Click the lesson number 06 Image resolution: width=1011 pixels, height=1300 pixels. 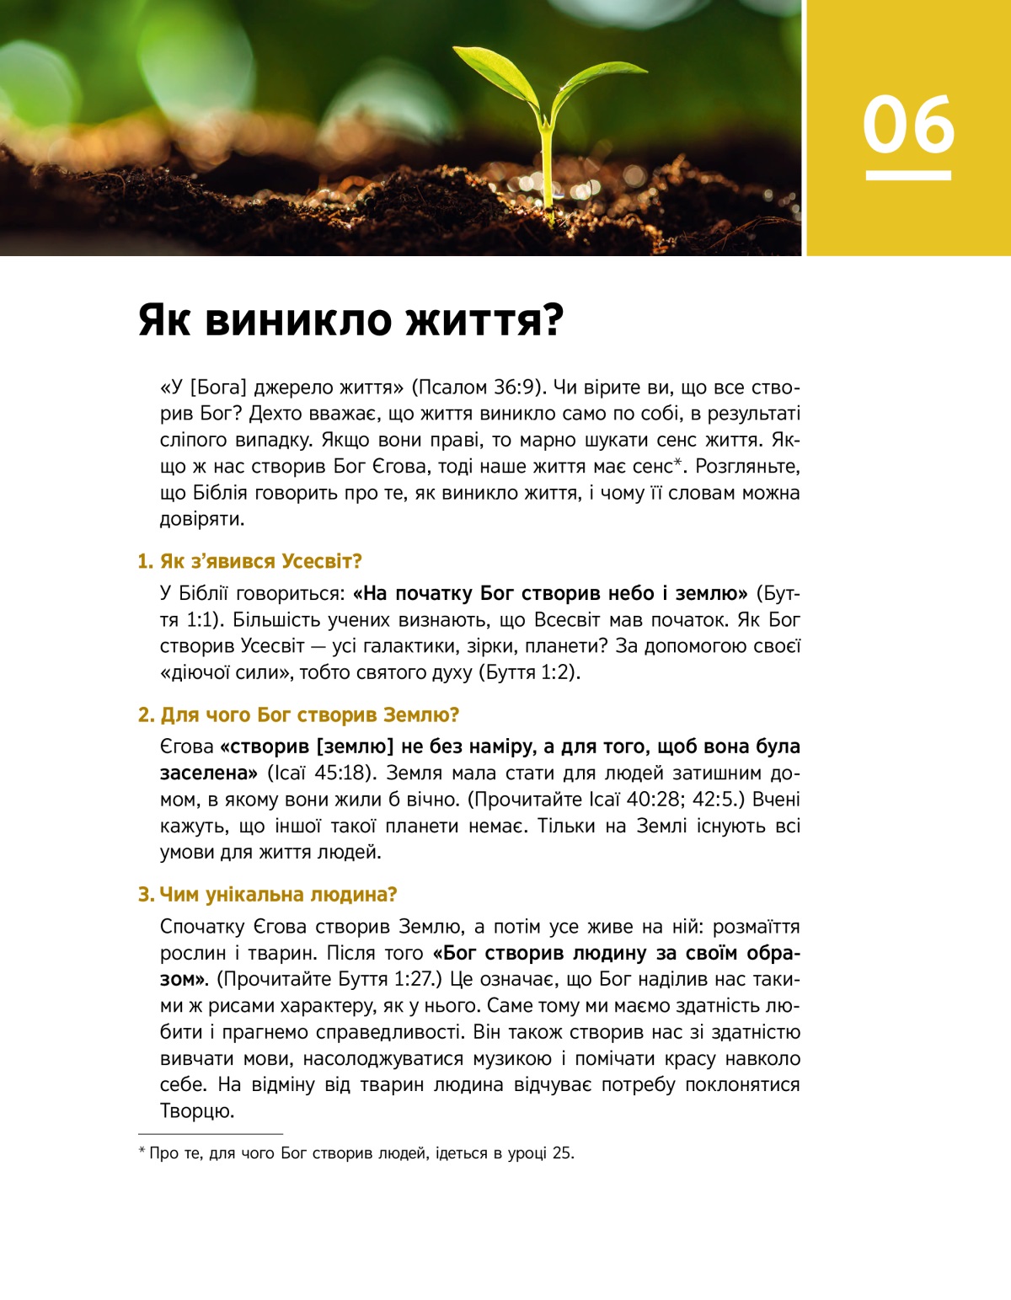coord(908,125)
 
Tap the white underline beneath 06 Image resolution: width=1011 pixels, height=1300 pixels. coord(908,175)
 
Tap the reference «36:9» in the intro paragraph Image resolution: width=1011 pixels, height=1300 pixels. coord(516,388)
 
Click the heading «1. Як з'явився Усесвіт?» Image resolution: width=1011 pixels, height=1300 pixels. coord(249,561)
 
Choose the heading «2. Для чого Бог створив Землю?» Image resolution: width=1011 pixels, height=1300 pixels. coord(298,714)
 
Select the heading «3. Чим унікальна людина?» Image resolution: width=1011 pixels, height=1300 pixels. coord(267,894)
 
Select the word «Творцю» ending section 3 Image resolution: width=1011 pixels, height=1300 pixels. coord(195,1111)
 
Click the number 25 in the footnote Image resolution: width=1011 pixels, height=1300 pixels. coord(562,1153)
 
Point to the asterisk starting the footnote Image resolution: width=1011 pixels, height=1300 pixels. coord(142,1151)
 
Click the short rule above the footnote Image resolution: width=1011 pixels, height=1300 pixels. coord(210,1134)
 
